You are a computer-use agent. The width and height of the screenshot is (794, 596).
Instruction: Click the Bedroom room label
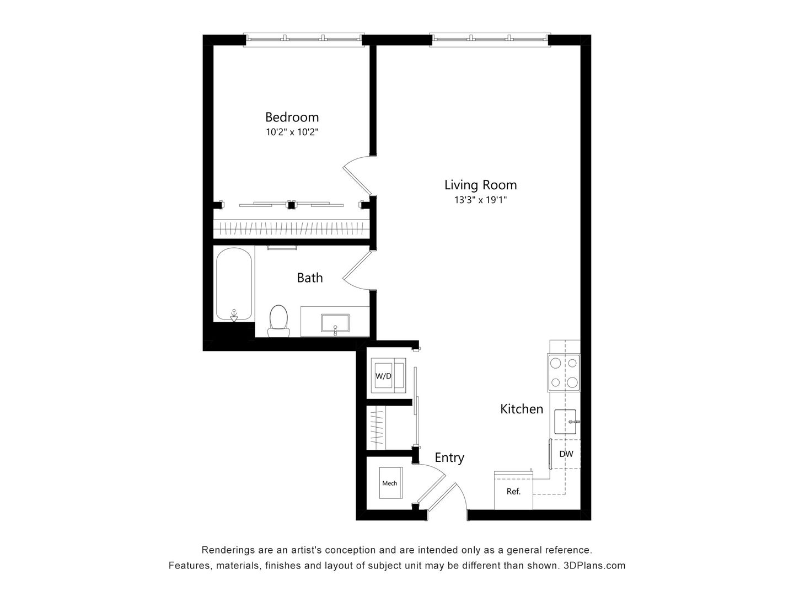click(292, 117)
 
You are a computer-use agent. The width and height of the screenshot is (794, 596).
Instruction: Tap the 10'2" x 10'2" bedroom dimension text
click(292, 132)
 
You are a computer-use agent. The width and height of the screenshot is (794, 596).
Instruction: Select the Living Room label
click(480, 185)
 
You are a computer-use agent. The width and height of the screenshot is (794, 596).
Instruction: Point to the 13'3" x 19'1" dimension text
click(480, 200)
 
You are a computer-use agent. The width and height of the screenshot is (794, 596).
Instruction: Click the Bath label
click(310, 278)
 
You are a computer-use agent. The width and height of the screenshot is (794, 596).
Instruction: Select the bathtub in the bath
click(234, 285)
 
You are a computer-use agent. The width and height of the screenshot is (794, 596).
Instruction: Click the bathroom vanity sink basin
click(335, 323)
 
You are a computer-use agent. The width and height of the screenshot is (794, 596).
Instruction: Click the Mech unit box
click(389, 483)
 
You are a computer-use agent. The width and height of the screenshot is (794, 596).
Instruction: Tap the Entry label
click(449, 457)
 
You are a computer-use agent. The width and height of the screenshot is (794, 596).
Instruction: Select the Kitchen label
click(522, 409)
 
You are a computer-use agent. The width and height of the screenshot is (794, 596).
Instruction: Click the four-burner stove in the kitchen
click(564, 372)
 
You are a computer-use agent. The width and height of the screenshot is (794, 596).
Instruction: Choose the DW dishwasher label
click(566, 454)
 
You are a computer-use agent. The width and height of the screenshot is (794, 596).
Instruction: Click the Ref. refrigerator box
click(513, 491)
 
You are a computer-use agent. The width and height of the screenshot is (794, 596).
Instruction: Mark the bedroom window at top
click(304, 39)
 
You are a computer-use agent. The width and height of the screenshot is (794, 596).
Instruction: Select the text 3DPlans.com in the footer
click(594, 566)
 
